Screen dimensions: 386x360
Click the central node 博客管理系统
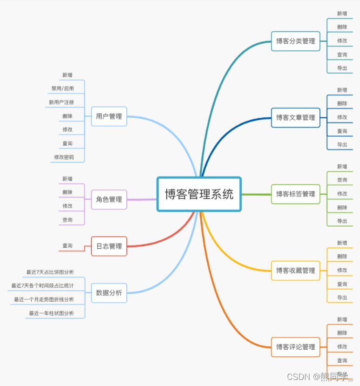click(x=199, y=194)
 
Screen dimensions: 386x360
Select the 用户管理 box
click(x=109, y=116)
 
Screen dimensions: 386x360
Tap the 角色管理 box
click(x=109, y=199)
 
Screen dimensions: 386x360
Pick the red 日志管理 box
click(x=109, y=246)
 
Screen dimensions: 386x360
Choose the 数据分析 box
click(x=109, y=293)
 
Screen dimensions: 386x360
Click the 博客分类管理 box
click(x=296, y=41)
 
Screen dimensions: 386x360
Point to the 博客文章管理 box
click(x=296, y=117)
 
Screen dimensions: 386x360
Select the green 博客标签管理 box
click(x=296, y=194)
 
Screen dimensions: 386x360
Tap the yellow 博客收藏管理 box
click(x=296, y=271)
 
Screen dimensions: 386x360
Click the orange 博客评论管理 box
click(x=296, y=347)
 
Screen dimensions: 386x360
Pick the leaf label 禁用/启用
click(x=62, y=88)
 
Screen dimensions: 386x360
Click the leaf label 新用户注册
click(x=61, y=102)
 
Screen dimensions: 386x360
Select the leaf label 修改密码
click(x=64, y=157)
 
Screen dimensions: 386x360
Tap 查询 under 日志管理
click(x=68, y=246)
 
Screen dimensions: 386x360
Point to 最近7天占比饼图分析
click(x=50, y=272)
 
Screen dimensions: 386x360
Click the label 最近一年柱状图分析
click(x=51, y=313)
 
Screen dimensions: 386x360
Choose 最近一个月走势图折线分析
click(x=44, y=299)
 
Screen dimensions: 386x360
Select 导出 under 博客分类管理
click(x=342, y=68)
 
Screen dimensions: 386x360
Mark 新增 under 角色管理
click(x=68, y=179)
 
